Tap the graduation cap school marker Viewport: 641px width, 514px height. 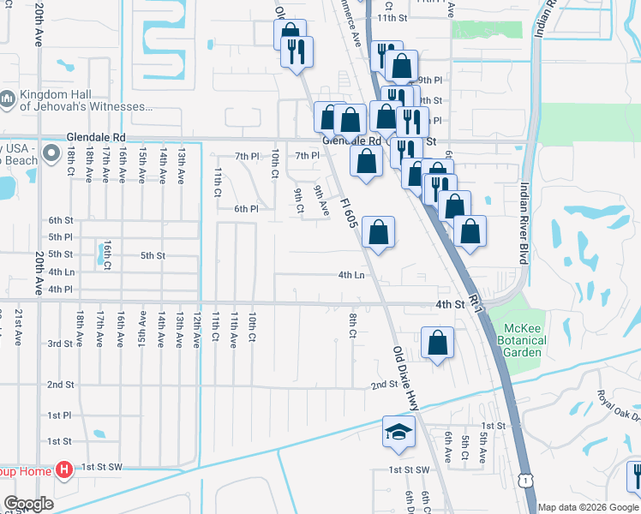[398, 433]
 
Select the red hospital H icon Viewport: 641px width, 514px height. [63, 469]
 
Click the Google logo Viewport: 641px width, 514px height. [27, 504]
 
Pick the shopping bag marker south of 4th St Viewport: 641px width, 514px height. [437, 344]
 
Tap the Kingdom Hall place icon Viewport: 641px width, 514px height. [8, 100]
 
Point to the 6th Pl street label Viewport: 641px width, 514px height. [246, 209]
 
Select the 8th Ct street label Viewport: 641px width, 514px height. [352, 326]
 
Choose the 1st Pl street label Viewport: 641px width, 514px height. [59, 415]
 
